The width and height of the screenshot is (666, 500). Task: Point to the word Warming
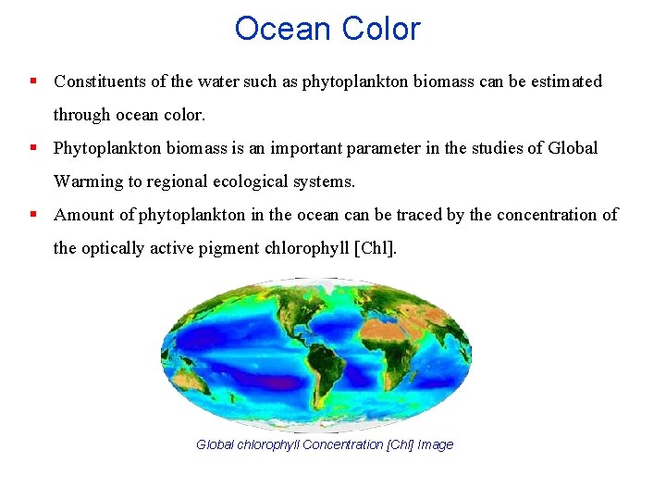87,181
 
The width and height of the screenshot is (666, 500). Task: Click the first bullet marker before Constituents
33,81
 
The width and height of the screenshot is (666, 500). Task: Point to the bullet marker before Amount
33,215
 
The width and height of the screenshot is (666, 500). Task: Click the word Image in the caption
435,445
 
